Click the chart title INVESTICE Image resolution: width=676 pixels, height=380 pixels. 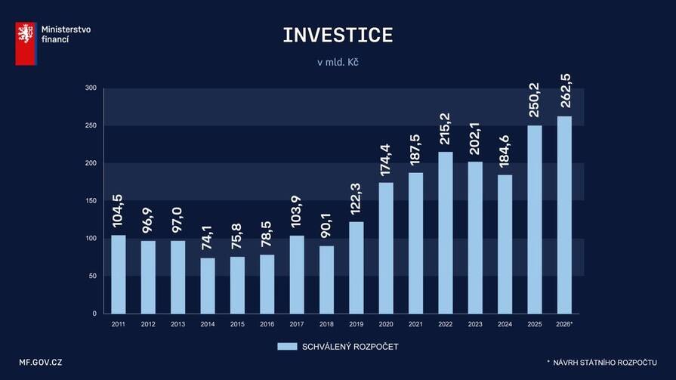(x=338, y=36)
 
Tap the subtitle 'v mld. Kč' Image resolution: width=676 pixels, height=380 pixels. (x=338, y=63)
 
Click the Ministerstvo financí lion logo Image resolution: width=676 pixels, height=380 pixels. (x=26, y=43)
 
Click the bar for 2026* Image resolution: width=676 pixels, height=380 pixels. (x=563, y=215)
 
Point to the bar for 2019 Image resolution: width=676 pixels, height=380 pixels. (x=356, y=267)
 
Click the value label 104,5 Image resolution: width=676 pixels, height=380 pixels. (x=119, y=212)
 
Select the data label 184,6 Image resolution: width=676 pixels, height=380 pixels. (x=505, y=152)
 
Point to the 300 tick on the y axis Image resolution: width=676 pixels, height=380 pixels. (x=91, y=88)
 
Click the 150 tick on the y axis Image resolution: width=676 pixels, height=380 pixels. (x=91, y=201)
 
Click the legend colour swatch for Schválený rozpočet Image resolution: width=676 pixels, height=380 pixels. (x=287, y=347)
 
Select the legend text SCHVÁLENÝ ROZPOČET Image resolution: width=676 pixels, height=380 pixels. (x=350, y=347)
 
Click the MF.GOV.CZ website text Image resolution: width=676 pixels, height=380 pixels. (x=41, y=363)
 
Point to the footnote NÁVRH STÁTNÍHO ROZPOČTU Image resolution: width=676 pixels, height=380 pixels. (x=604, y=363)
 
